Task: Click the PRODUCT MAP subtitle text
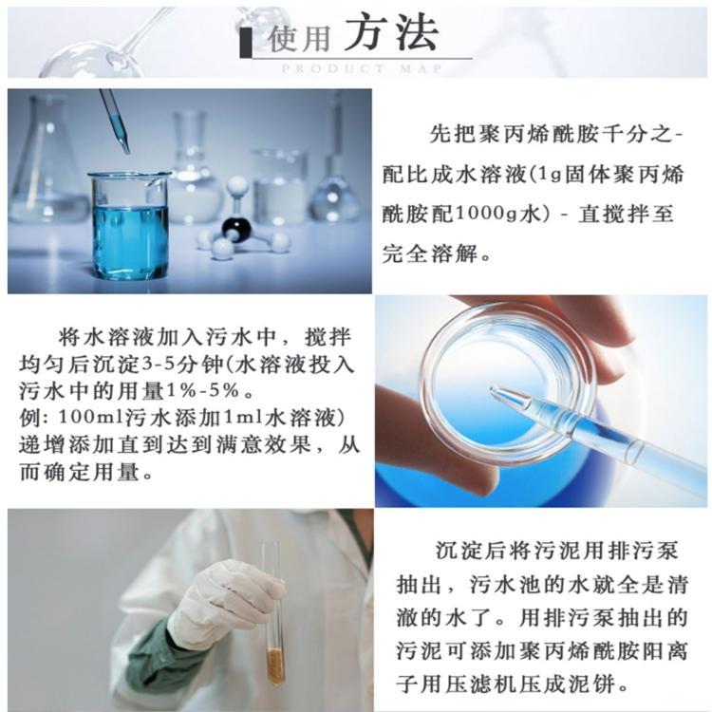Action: (362, 69)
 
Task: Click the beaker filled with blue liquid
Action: (129, 225)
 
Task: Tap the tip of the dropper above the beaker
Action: (126, 152)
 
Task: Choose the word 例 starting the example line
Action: (28, 418)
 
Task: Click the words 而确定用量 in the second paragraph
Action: (80, 473)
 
